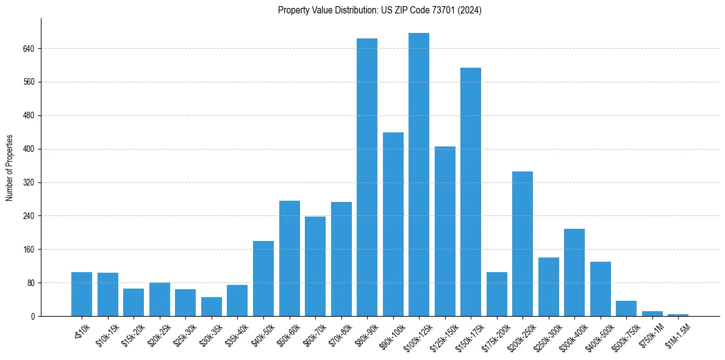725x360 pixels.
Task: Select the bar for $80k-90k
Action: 367,177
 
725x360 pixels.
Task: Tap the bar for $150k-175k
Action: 471,192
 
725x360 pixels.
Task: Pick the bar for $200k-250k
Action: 523,244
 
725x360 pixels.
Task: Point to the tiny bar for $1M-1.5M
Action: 678,315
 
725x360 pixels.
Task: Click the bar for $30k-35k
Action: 212,307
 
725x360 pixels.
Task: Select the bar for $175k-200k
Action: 497,294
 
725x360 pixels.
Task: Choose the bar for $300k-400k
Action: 574,273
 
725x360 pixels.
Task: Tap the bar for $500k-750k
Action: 626,309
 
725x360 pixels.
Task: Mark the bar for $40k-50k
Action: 263,279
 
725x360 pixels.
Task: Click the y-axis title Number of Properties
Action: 9,168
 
